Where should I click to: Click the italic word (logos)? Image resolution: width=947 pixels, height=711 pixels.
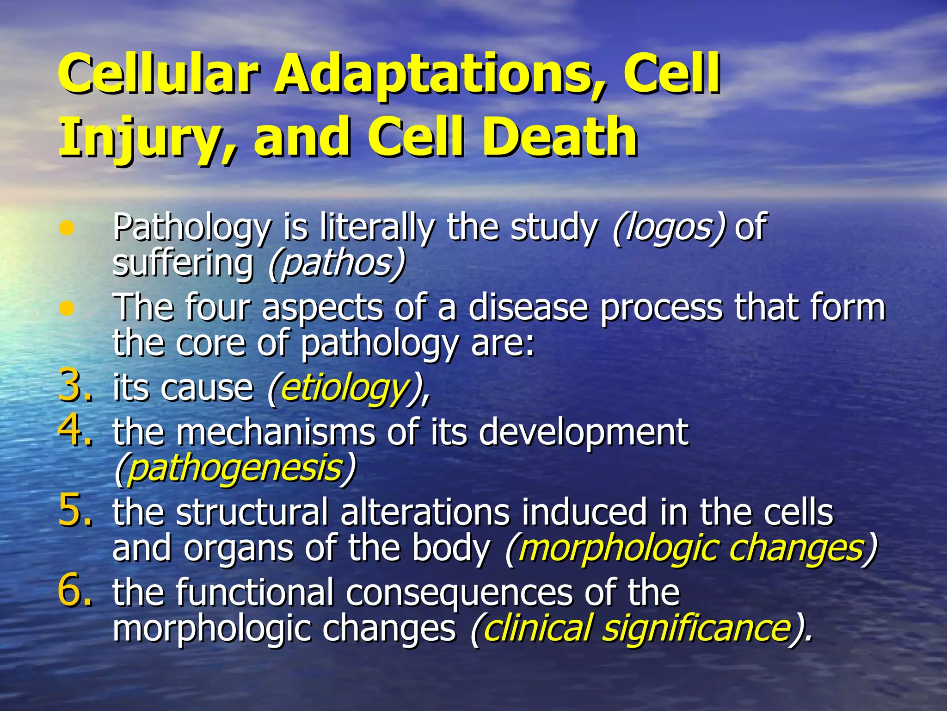click(x=669, y=228)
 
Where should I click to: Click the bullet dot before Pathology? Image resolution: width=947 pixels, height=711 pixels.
click(x=68, y=228)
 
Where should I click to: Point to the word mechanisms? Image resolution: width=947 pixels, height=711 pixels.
click(x=276, y=433)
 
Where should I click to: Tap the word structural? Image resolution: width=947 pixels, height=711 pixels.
click(x=252, y=513)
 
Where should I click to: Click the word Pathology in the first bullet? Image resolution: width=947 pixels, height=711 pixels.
click(x=192, y=228)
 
